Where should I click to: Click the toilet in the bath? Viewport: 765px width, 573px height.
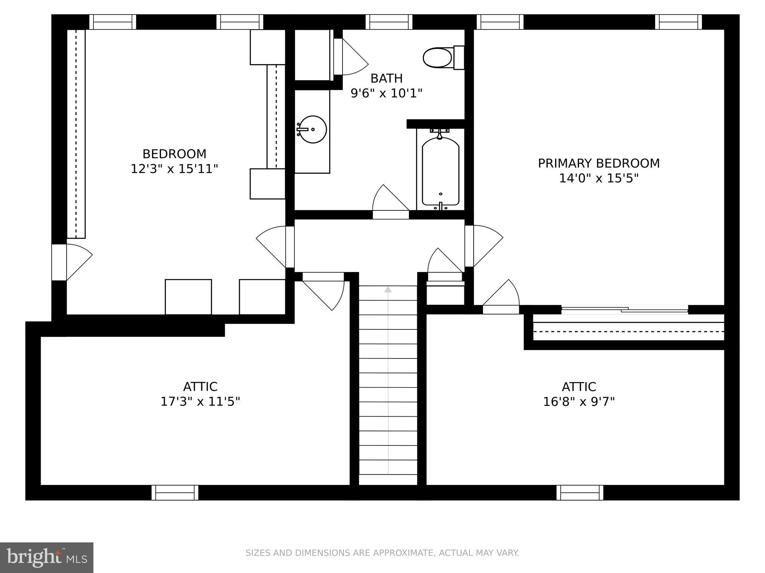click(x=443, y=58)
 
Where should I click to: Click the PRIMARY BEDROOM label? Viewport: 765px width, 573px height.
click(x=598, y=163)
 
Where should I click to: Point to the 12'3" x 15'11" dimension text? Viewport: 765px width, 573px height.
click(x=174, y=169)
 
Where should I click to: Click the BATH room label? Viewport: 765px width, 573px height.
click(x=386, y=78)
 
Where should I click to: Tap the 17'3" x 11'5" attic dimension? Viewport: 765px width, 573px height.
click(x=200, y=402)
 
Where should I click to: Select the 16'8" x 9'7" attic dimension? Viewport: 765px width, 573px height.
click(x=579, y=402)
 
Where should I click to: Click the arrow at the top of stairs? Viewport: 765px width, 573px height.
click(x=388, y=289)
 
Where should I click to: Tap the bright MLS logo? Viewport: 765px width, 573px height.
click(x=46, y=558)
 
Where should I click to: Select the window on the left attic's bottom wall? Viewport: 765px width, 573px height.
click(x=175, y=493)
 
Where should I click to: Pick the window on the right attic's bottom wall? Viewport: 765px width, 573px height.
click(x=580, y=493)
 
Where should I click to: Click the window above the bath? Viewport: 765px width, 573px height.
click(x=388, y=22)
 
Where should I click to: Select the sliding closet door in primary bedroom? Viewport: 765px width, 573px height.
click(x=625, y=309)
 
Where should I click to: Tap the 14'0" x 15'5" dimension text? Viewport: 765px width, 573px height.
click(x=598, y=178)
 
